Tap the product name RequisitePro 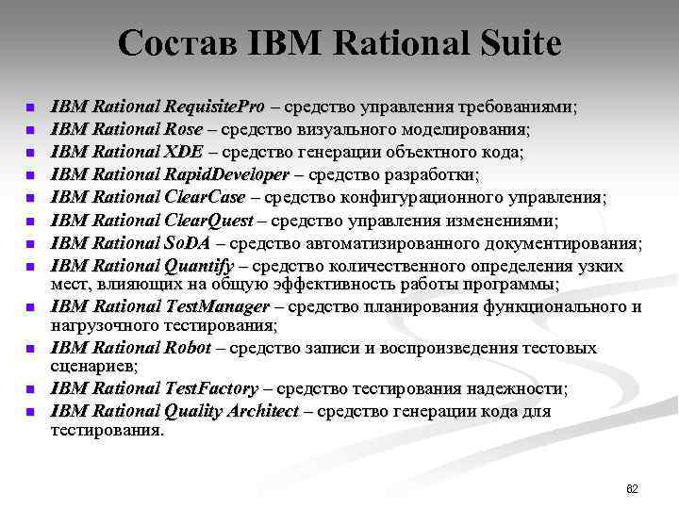[x=216, y=107]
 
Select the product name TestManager [x=218, y=307]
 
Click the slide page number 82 [x=632, y=489]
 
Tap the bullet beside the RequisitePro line [x=30, y=107]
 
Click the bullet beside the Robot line [x=30, y=349]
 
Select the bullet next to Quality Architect [x=30, y=412]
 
